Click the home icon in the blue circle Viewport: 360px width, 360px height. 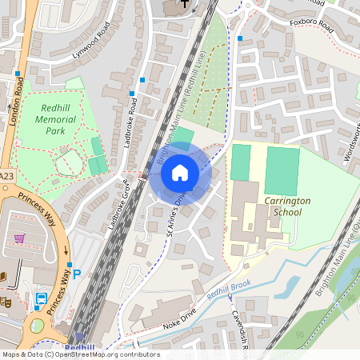click(180, 173)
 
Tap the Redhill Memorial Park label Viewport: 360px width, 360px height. click(55, 119)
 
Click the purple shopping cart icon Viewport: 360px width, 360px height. click(19, 238)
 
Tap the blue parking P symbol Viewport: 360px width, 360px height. click(77, 273)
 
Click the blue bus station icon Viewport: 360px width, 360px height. click(40, 300)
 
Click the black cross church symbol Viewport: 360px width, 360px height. click(184, 4)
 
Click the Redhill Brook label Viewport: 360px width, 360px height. click(229, 294)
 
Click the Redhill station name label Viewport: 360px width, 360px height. click(80, 348)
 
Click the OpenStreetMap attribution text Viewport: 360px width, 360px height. click(80, 354)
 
